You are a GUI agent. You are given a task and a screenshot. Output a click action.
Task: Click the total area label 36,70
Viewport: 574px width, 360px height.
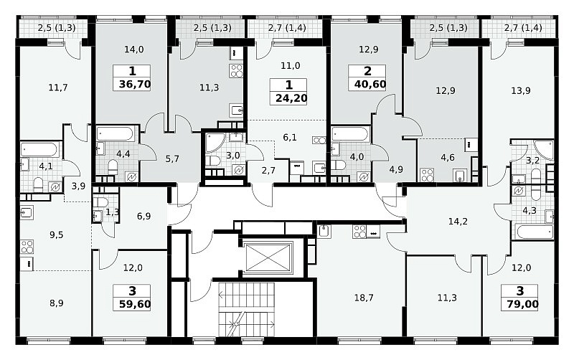pyautogui.click(x=135, y=85)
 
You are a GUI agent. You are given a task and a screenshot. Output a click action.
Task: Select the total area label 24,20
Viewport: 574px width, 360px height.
pyautogui.click(x=291, y=98)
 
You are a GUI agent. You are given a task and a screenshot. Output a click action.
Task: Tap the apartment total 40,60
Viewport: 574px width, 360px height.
pyautogui.click(x=370, y=85)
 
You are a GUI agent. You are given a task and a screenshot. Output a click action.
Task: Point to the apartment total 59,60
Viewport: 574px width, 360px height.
pyautogui.click(x=135, y=304)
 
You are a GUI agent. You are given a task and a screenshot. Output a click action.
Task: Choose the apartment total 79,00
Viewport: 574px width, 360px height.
pyautogui.click(x=523, y=304)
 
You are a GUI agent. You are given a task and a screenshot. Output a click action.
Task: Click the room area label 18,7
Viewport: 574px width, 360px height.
pyautogui.click(x=364, y=298)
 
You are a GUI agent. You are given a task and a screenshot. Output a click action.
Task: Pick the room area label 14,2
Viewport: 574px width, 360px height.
pyautogui.click(x=458, y=222)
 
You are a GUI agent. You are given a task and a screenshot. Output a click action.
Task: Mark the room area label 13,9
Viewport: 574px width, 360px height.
pyautogui.click(x=521, y=90)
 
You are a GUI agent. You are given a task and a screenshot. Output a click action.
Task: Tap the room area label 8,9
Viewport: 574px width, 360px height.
pyautogui.click(x=57, y=303)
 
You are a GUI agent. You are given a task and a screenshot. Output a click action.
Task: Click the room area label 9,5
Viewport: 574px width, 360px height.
pyautogui.click(x=57, y=235)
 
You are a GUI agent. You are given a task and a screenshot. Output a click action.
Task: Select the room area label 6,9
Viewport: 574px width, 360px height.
pyautogui.click(x=144, y=217)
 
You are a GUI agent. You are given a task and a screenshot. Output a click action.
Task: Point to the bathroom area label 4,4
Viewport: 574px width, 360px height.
pyautogui.click(x=123, y=153)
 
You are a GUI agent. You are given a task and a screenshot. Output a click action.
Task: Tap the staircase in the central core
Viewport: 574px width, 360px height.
pyautogui.click(x=246, y=309)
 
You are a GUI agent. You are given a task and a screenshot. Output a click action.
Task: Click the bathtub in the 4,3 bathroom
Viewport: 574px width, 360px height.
pyautogui.click(x=535, y=232)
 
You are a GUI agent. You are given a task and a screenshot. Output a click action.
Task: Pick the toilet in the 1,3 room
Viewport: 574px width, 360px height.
pyautogui.click(x=100, y=202)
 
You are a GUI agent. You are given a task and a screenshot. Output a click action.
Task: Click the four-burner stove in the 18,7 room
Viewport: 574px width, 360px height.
pyautogui.click(x=360, y=232)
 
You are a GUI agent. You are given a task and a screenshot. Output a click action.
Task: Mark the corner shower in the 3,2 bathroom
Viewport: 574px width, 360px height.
pyautogui.click(x=545, y=149)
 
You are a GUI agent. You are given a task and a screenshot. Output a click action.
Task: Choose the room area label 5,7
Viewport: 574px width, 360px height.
pyautogui.click(x=172, y=158)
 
